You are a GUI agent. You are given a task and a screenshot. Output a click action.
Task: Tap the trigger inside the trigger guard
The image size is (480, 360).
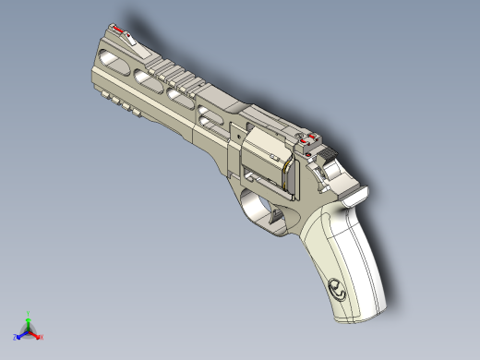pyautogui.click(x=274, y=214)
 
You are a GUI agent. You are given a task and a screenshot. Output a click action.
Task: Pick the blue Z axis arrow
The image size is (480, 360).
pyautogui.click(x=21, y=335)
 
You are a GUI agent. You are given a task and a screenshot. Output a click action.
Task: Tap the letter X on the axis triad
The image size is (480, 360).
pyautogui.click(x=41, y=337)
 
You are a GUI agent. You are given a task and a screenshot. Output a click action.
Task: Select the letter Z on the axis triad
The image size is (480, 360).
pyautogui.click(x=17, y=338)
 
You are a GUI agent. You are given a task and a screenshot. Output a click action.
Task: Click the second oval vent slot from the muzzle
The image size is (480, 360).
pyautogui.click(x=146, y=80)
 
